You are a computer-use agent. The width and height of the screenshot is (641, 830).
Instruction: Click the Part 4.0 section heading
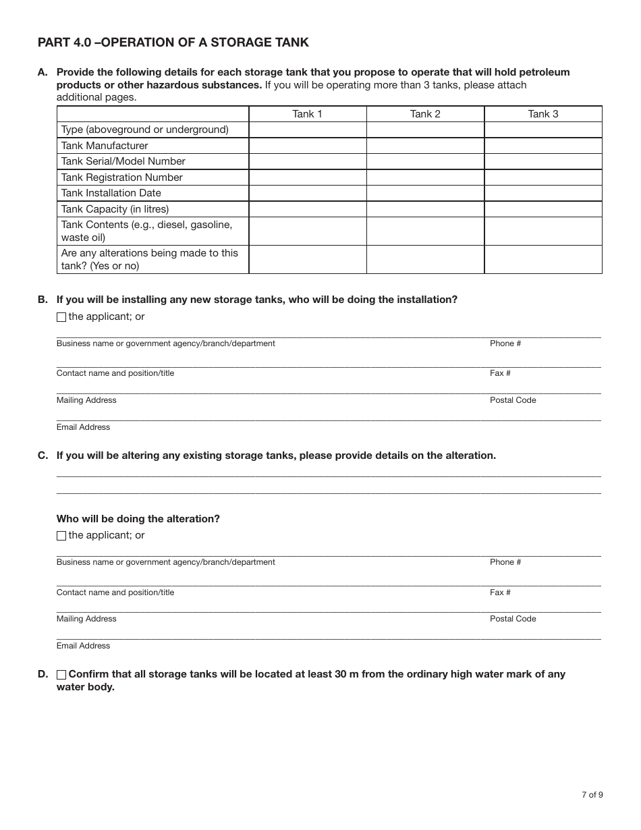[173, 43]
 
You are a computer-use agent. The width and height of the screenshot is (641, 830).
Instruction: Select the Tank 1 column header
[307, 114]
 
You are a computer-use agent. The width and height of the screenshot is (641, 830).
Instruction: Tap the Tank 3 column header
[542, 114]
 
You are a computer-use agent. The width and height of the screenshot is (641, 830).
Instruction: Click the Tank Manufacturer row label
[105, 146]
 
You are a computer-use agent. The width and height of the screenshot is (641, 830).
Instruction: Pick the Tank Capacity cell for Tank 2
[425, 209]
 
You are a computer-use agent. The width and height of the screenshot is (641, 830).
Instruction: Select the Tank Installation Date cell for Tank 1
[307, 193]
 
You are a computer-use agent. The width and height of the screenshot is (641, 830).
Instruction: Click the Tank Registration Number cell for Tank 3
[542, 177]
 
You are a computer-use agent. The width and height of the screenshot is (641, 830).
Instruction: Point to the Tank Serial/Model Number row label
[123, 161]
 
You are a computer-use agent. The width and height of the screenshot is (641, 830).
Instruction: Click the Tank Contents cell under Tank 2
[425, 231]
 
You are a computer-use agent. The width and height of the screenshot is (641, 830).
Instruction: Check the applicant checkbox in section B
[61, 317]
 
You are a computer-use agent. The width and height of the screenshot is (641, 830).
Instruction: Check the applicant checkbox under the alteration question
[61, 536]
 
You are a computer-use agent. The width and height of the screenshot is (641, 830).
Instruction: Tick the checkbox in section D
[61, 675]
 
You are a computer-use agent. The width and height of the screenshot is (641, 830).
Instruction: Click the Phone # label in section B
[505, 343]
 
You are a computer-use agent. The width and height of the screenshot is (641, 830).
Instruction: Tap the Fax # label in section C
[500, 592]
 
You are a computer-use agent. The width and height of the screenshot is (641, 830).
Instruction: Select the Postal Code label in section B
[513, 400]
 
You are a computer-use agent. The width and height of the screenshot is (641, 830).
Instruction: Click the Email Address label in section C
[83, 646]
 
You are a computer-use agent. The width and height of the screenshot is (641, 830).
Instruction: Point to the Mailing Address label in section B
[86, 400]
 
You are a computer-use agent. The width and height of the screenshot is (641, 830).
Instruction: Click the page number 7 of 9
[592, 794]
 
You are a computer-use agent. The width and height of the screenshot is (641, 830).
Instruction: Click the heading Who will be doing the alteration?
[138, 519]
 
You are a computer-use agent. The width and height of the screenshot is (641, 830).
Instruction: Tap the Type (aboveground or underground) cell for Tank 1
[307, 130]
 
